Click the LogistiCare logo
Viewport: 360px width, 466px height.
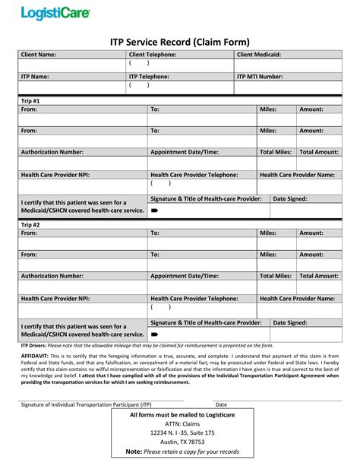coord(54,13)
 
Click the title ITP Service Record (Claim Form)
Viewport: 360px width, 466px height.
coord(179,40)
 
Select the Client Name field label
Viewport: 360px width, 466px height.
coord(38,55)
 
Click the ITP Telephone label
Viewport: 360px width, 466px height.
coord(149,77)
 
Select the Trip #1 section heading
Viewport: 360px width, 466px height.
coord(31,101)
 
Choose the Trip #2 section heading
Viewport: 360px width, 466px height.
coord(31,224)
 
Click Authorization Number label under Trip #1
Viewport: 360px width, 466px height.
coord(52,152)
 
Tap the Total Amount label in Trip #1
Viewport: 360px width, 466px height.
coord(318,152)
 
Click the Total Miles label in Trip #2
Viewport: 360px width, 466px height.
coord(276,276)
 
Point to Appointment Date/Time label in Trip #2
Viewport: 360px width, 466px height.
coord(185,276)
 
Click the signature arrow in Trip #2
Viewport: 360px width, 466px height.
coord(154,334)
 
